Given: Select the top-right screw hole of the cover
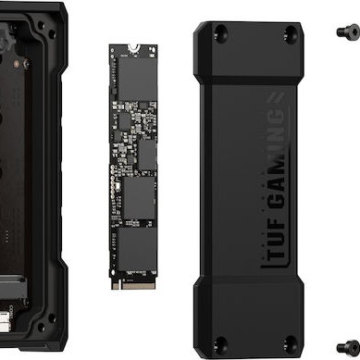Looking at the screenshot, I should tap(291, 34).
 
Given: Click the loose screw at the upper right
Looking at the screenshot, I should tap(347, 31).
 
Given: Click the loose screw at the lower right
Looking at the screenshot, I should tap(349, 339).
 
